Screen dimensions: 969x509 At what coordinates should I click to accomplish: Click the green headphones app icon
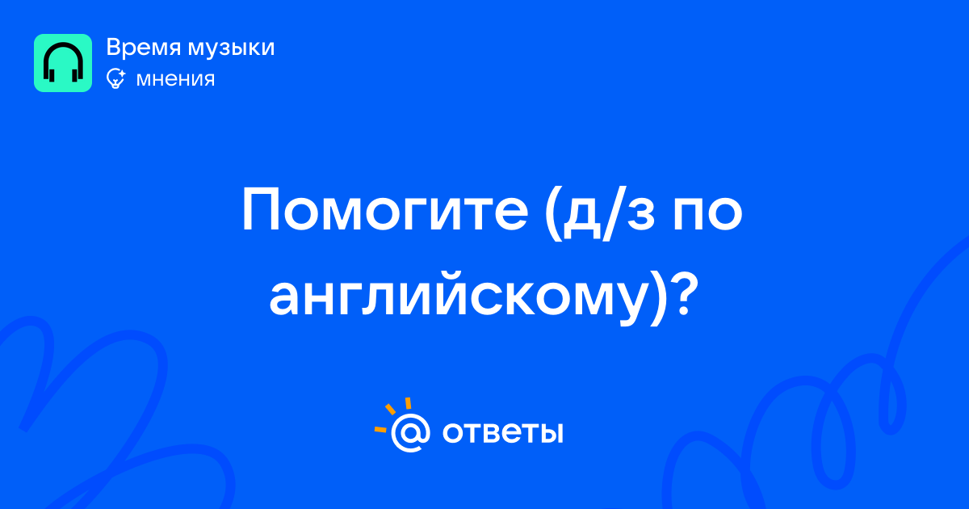(63, 63)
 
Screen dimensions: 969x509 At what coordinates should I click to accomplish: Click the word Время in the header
(143, 47)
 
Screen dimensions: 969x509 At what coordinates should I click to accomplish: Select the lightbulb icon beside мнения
(115, 79)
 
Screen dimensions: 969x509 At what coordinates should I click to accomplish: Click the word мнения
(175, 79)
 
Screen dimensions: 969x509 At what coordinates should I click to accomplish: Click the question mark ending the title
(685, 292)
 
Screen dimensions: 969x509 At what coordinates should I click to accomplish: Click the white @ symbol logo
(410, 432)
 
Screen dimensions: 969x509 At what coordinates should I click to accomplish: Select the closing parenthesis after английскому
(657, 298)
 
